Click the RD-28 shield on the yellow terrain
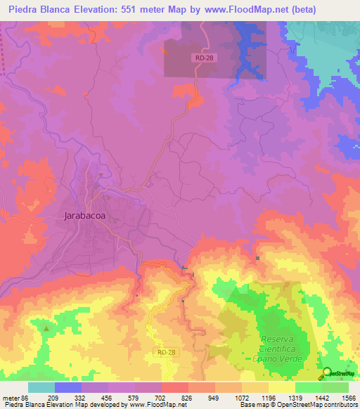click(162, 351)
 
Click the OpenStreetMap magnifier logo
click(328, 373)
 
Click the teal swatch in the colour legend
click(41, 387)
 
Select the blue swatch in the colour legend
click(68, 387)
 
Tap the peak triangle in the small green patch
click(46, 328)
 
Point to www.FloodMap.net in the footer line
click(150, 405)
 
